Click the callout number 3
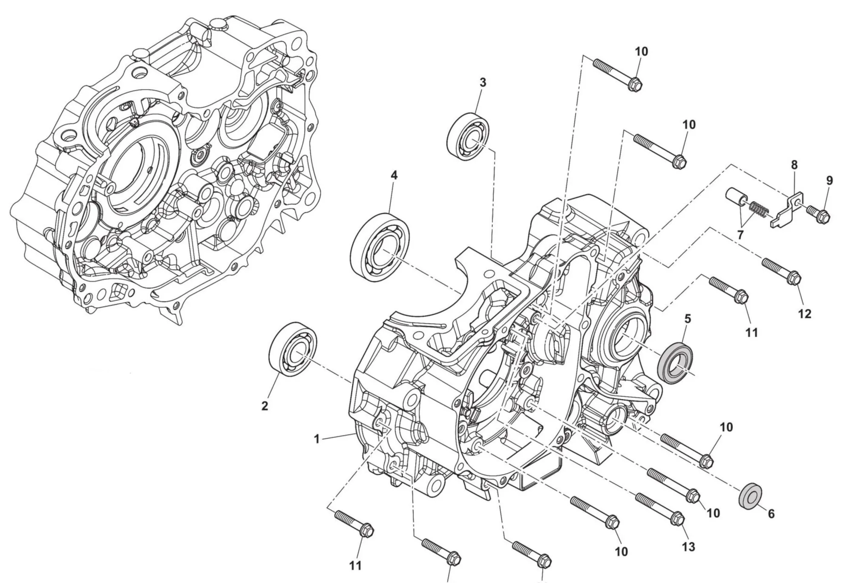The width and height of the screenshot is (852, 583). tap(482, 83)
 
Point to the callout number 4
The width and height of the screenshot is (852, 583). tap(394, 175)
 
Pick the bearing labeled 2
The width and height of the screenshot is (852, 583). tap(294, 349)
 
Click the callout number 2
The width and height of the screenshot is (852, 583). tap(265, 406)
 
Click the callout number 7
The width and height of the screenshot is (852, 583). tap(740, 235)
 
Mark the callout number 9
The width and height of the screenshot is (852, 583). tap(829, 181)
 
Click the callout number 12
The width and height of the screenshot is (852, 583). tap(805, 314)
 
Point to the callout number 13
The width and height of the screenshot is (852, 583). tap(688, 547)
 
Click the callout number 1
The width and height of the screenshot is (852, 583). tap(317, 439)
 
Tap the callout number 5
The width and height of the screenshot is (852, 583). tap(688, 319)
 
